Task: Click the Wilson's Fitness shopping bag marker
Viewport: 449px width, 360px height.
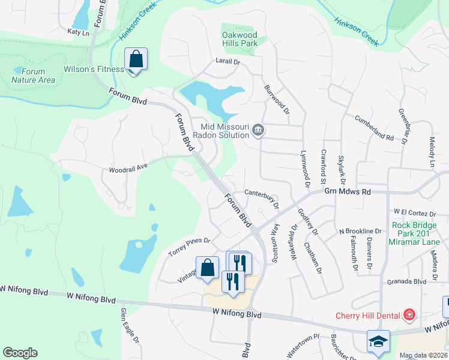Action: [136, 60]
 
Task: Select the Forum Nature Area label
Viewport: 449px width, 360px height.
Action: [34, 76]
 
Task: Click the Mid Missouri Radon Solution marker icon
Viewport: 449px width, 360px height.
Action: [258, 130]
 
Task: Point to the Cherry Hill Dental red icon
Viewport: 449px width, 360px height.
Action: [409, 314]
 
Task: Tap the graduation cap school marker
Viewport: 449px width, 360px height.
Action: [378, 341]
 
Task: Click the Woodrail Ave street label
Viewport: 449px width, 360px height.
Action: [128, 169]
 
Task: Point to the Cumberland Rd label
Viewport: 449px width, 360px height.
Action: [374, 128]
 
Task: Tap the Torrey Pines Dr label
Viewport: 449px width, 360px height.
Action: [189, 247]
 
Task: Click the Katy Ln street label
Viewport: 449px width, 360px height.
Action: [78, 32]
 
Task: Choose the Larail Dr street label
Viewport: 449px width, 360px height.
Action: [228, 62]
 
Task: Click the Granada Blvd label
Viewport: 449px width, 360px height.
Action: [406, 281]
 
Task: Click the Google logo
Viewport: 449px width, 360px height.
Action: [20, 353]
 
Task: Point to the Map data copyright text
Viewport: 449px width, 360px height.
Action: [423, 355]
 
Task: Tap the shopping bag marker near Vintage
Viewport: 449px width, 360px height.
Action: [207, 268]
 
